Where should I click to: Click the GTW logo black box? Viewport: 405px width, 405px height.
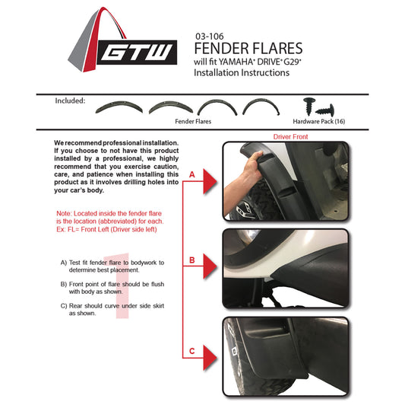(x=137, y=53)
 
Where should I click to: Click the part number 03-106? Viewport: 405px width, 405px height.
(x=210, y=37)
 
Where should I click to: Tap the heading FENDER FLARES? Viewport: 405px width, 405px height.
(x=248, y=49)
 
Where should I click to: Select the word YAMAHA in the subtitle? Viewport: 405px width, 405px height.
(x=236, y=62)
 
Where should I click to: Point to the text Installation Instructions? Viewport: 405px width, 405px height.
(x=242, y=73)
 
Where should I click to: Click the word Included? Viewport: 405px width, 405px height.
(x=70, y=100)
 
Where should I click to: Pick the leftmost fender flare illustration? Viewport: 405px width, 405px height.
(x=119, y=107)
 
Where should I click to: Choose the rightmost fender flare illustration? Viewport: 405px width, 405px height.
(x=261, y=107)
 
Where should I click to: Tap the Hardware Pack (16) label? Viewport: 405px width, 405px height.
(x=319, y=121)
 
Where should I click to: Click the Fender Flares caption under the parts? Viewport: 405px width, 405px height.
(x=193, y=121)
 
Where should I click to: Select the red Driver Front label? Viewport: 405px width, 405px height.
(x=290, y=136)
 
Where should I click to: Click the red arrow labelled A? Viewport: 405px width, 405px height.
(x=210, y=181)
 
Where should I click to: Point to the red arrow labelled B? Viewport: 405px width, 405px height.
(x=210, y=266)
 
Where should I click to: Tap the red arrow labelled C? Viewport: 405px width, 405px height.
(x=210, y=358)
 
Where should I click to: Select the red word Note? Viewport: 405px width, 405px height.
(x=64, y=213)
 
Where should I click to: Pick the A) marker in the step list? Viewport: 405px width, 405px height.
(x=64, y=263)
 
